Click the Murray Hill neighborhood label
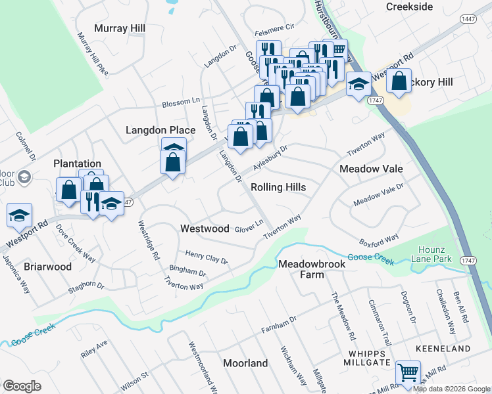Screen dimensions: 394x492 pyautogui.click(x=119, y=28)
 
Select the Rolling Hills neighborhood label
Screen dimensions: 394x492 pyautogui.click(x=278, y=187)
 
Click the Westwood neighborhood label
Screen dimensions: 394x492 pyautogui.click(x=205, y=229)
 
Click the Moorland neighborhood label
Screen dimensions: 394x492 pyautogui.click(x=245, y=363)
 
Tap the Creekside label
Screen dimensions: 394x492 pyautogui.click(x=410, y=7)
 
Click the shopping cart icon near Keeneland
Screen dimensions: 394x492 pyautogui.click(x=408, y=372)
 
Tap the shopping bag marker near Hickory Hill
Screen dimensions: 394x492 pyautogui.click(x=399, y=81)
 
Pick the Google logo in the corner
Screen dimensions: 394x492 pyautogui.click(x=22, y=386)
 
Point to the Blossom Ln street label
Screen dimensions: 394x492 pyautogui.click(x=181, y=102)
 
